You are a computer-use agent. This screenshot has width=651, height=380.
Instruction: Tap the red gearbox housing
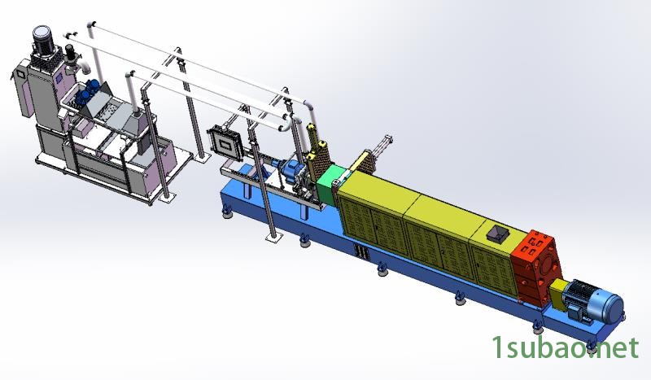pos(536,268)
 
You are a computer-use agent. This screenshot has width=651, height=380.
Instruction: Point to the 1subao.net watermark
pos(565,348)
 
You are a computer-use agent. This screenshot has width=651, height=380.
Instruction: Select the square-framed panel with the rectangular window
pos(225,142)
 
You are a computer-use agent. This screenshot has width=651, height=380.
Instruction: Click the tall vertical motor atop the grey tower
pos(43,41)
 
